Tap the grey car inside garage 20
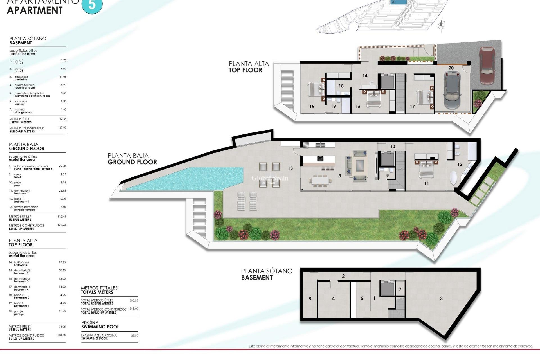pos(452,91)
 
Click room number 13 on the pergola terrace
pos(290,168)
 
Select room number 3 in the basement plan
pos(441,298)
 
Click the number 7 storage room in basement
pos(400,289)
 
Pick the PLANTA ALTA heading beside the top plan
pos(249,64)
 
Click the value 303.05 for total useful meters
pos(134,300)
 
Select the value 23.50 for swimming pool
pos(134,336)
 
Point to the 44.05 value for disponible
pos(63,77)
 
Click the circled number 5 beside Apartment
pos(92,5)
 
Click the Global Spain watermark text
pos(270,178)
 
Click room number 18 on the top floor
pos(341,86)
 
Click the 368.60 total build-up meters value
pos(134,309)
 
